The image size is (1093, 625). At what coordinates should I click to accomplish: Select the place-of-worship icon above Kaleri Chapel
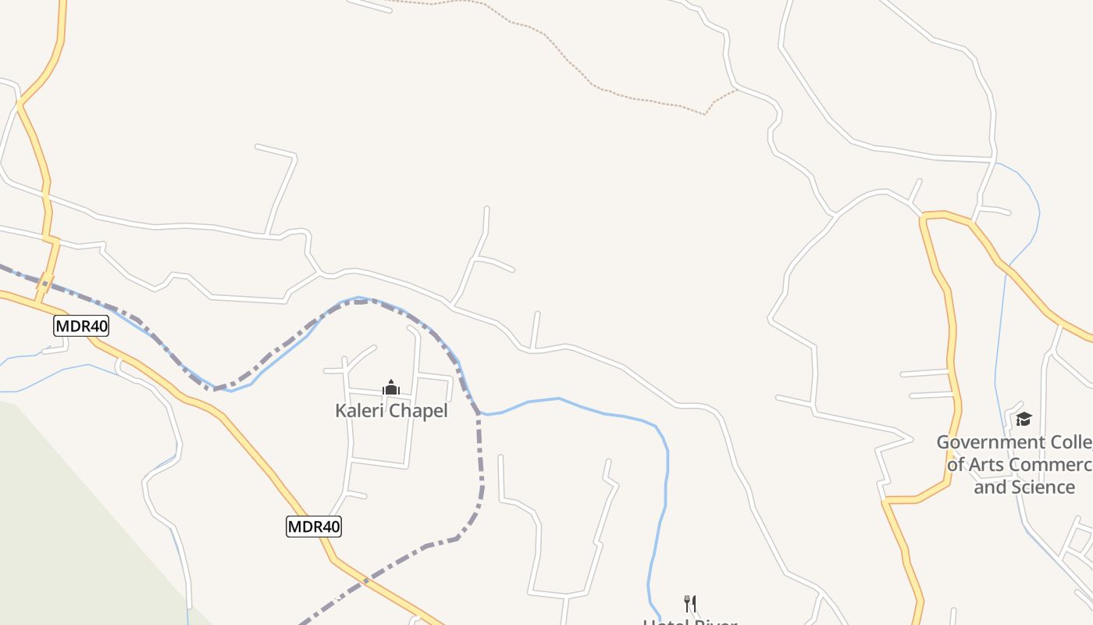tap(391, 387)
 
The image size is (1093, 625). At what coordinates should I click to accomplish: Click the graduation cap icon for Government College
tap(1024, 420)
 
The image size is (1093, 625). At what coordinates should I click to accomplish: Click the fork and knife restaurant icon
tap(689, 603)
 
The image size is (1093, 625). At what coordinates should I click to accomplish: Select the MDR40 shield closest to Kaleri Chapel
tap(314, 527)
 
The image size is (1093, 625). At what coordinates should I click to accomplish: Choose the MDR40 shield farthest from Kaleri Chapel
tap(81, 326)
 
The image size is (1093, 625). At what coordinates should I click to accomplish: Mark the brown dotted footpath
tap(593, 83)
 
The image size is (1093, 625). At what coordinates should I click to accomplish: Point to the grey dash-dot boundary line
tap(479, 453)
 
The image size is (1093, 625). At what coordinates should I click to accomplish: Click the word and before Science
tap(989, 487)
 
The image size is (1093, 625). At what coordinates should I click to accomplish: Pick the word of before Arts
tap(956, 465)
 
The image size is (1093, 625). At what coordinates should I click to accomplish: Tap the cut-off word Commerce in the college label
tap(1050, 465)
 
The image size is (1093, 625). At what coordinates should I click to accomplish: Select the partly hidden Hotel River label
tap(689, 621)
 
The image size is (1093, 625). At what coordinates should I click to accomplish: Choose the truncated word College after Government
tap(1070, 442)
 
